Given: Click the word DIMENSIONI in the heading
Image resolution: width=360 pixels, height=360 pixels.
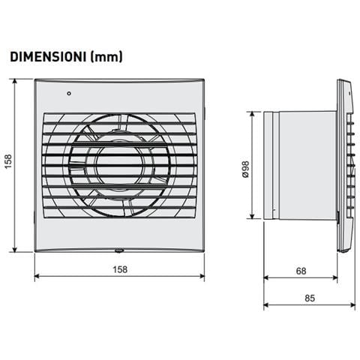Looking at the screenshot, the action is pyautogui.click(x=48, y=57).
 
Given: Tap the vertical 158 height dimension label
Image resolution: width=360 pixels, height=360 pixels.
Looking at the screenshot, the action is pyautogui.click(x=8, y=161).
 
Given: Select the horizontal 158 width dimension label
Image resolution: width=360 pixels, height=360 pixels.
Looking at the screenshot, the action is pyautogui.click(x=120, y=269).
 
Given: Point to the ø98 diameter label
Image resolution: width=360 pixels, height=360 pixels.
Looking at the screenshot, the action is pyautogui.click(x=246, y=169).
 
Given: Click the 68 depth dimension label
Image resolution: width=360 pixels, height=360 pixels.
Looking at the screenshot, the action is pyautogui.click(x=301, y=271).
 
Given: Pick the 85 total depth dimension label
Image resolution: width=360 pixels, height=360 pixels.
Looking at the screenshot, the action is pyautogui.click(x=310, y=298).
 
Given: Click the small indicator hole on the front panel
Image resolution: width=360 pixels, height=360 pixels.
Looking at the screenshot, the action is pyautogui.click(x=69, y=94).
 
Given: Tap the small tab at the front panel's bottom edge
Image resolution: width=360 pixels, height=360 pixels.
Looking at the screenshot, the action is pyautogui.click(x=119, y=250).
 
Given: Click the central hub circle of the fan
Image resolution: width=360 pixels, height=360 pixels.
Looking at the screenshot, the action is pyautogui.click(x=119, y=166).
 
